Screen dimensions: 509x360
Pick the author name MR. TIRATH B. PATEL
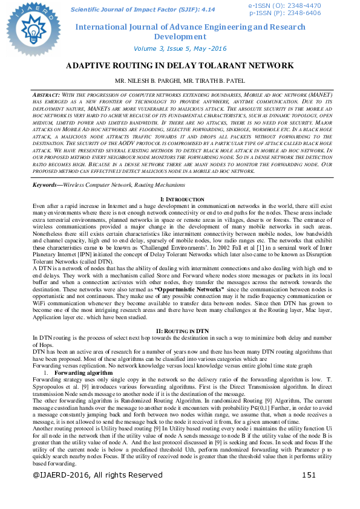[212, 80]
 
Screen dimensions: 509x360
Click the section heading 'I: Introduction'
[180, 199]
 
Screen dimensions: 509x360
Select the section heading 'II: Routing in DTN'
[180, 332]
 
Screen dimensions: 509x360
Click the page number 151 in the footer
[309, 491]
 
